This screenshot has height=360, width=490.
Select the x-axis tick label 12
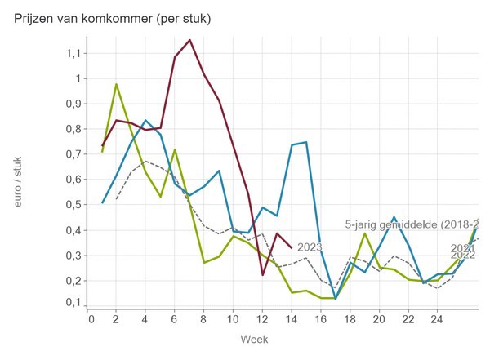262,318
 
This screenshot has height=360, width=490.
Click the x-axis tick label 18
349,318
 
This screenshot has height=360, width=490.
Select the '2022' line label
462,255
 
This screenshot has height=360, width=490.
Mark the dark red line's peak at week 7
190,39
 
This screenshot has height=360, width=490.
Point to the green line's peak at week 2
117,84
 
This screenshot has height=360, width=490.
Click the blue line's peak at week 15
305,142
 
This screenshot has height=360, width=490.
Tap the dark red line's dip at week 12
262,275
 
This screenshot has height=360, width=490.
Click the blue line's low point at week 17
335,298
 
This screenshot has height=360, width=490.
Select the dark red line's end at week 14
292,247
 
